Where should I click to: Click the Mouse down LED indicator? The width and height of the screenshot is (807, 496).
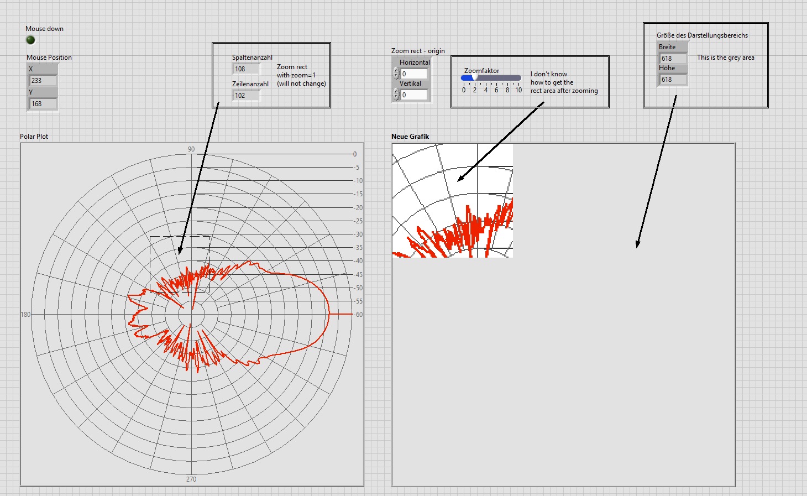(30, 40)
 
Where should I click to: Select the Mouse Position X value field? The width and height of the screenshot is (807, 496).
(43, 81)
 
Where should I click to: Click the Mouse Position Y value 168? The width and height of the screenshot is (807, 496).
(43, 104)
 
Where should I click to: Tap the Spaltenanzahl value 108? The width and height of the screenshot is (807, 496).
(246, 69)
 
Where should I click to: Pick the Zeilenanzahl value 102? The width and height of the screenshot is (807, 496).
(246, 96)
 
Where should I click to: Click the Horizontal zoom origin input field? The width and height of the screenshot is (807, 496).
(414, 74)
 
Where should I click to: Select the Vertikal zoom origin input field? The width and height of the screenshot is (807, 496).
(414, 95)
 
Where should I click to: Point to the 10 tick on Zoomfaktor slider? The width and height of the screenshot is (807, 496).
(518, 90)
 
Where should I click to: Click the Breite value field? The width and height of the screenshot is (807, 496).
(673, 59)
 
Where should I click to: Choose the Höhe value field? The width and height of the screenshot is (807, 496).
(673, 80)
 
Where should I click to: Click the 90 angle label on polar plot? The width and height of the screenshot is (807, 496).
(191, 149)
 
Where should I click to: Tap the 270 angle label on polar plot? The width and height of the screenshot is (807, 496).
(191, 479)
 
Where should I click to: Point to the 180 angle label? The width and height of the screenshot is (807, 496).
(25, 315)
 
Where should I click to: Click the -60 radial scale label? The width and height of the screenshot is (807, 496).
(359, 315)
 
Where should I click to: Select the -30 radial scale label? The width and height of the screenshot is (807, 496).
(359, 234)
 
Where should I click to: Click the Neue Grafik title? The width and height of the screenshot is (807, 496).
(410, 137)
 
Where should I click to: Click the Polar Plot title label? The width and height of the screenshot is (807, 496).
(34, 137)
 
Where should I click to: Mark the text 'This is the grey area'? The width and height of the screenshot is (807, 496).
(725, 58)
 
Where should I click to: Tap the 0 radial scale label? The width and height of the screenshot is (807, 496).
(355, 154)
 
